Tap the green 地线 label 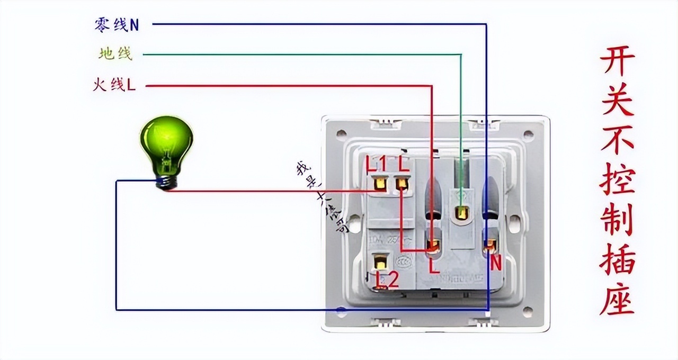[115, 53]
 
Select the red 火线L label [114, 85]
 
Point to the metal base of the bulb [168, 182]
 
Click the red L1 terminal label [377, 164]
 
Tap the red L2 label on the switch [387, 280]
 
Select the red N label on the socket [495, 263]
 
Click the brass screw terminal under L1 [379, 184]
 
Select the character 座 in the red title [617, 300]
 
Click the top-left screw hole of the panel [342, 134]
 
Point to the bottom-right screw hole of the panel [528, 312]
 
